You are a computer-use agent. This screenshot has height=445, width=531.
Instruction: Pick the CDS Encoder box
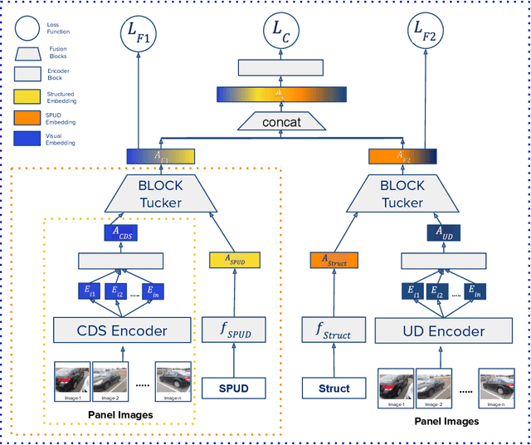click(x=123, y=330)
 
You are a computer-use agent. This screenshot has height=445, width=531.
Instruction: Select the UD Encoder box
click(x=431, y=330)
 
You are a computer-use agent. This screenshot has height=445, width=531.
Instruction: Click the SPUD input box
click(x=235, y=388)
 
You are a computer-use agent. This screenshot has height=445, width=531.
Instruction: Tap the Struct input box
click(x=333, y=388)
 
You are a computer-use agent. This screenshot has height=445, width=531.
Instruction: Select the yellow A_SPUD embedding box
click(x=234, y=260)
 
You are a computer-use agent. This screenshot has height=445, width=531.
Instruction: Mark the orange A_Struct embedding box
click(x=333, y=260)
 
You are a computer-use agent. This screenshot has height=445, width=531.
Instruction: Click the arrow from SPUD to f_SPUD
click(x=234, y=362)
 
